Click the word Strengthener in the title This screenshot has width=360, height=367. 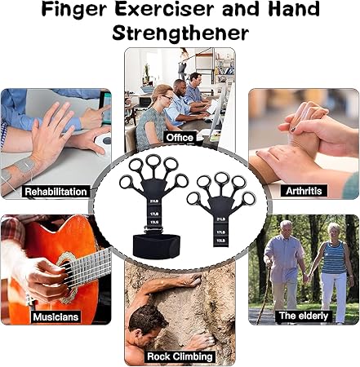(x=180, y=33)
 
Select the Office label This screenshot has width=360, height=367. (x=180, y=138)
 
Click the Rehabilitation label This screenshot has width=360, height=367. (x=56, y=192)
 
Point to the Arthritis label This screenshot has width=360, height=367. (x=304, y=191)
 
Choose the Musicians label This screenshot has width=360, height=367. (x=56, y=317)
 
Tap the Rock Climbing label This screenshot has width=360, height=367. (x=180, y=356)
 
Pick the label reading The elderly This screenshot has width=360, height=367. (x=304, y=316)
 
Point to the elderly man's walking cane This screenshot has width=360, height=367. (x=264, y=294)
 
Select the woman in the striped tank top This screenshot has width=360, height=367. (x=333, y=272)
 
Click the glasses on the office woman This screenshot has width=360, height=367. (x=167, y=99)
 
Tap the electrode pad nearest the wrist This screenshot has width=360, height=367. (x=25, y=165)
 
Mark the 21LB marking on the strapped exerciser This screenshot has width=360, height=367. (x=154, y=201)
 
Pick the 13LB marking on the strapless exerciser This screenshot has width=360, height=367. (x=220, y=241)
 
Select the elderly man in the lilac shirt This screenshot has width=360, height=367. (x=284, y=272)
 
